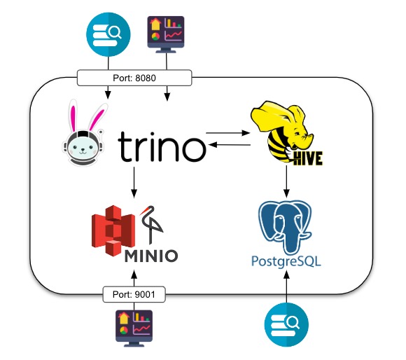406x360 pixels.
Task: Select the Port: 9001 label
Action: pos(134,295)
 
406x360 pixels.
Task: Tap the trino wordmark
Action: pos(162,149)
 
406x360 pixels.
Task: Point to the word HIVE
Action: pos(306,158)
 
